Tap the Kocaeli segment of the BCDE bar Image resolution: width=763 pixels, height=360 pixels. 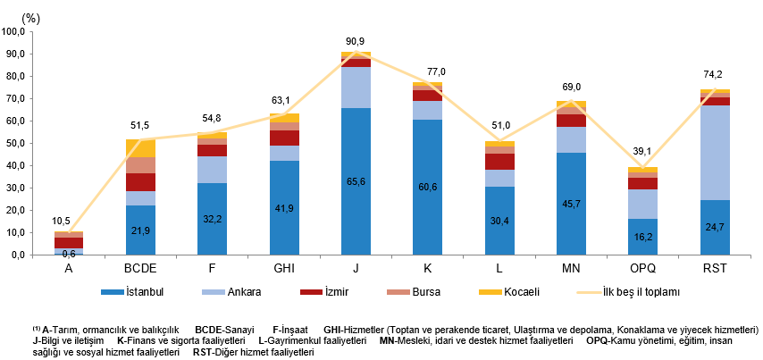click(x=140, y=147)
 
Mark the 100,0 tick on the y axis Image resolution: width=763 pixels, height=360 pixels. click(x=13, y=32)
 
